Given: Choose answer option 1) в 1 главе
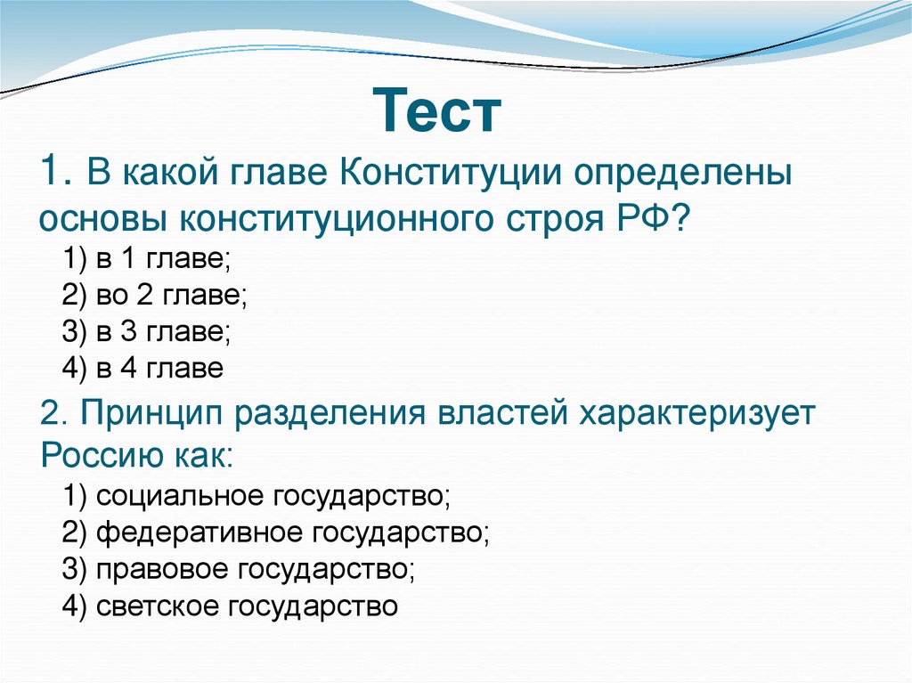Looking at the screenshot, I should pyautogui.click(x=147, y=261).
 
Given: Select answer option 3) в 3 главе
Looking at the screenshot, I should pyautogui.click(x=147, y=332).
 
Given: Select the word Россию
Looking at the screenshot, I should pyautogui.click(x=99, y=456).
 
